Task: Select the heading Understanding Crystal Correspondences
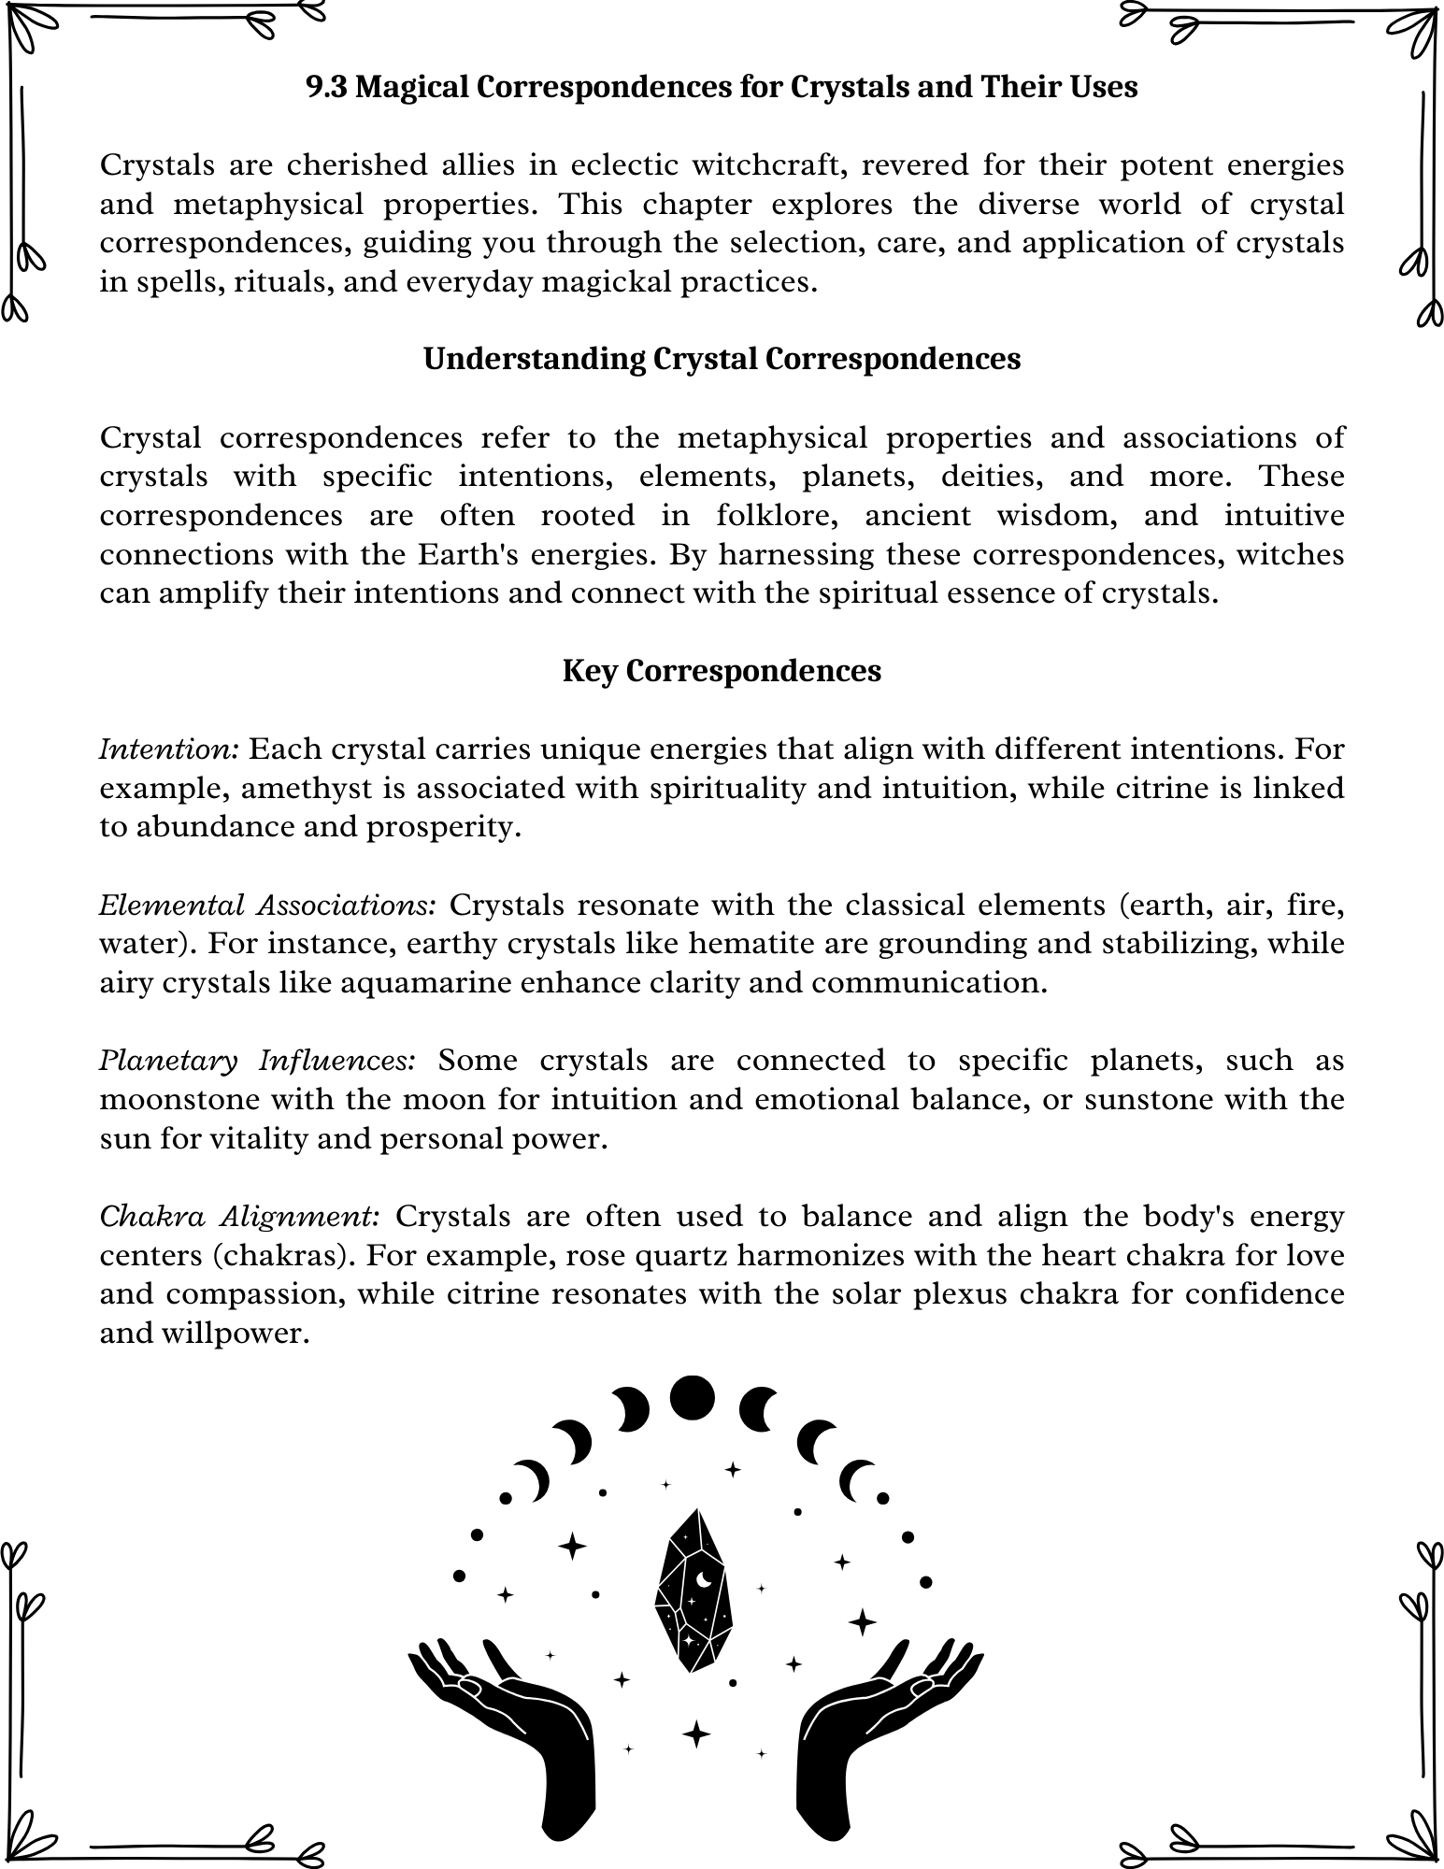point(722,359)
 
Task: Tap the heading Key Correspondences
point(722,671)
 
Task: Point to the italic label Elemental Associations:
point(267,906)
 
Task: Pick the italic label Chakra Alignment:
point(239,1217)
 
